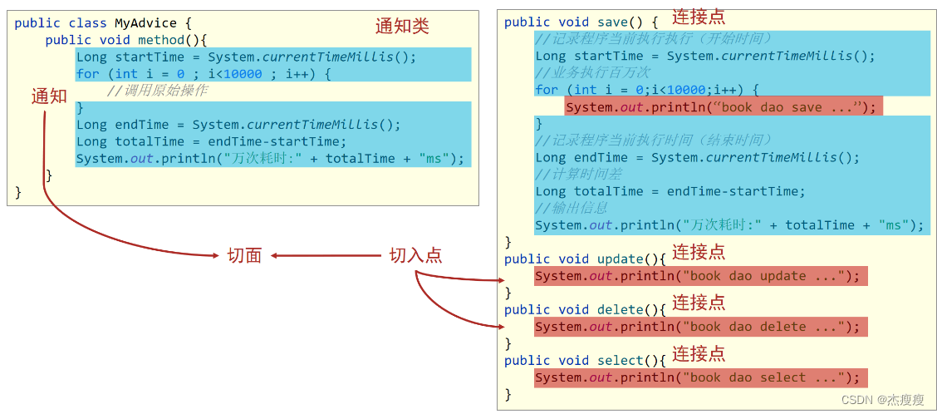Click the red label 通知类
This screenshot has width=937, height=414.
402,26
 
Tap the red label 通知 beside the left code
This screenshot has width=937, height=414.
49,96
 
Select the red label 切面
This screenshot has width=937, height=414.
244,255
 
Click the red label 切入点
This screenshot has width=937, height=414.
415,255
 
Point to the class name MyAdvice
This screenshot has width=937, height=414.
145,23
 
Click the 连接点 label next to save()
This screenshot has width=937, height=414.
699,17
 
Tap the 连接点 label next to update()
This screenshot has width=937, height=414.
699,252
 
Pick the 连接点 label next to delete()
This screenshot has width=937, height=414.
699,303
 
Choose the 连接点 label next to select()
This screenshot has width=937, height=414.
699,353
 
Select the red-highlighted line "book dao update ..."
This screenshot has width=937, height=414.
699,276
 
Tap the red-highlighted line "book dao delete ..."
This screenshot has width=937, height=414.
699,327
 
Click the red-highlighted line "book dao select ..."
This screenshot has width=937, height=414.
699,377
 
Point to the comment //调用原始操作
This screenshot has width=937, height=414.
157,91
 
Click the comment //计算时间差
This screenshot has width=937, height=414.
578,174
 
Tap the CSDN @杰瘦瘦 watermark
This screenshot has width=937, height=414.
882,400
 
